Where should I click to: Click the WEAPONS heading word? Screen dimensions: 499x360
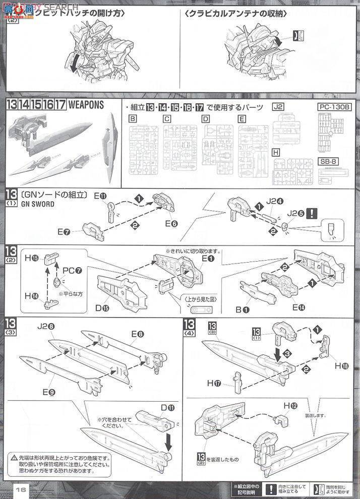point(86,105)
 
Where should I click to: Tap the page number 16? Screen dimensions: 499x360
point(20,489)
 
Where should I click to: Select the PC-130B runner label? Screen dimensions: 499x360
point(333,107)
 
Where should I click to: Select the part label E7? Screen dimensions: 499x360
point(64,231)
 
